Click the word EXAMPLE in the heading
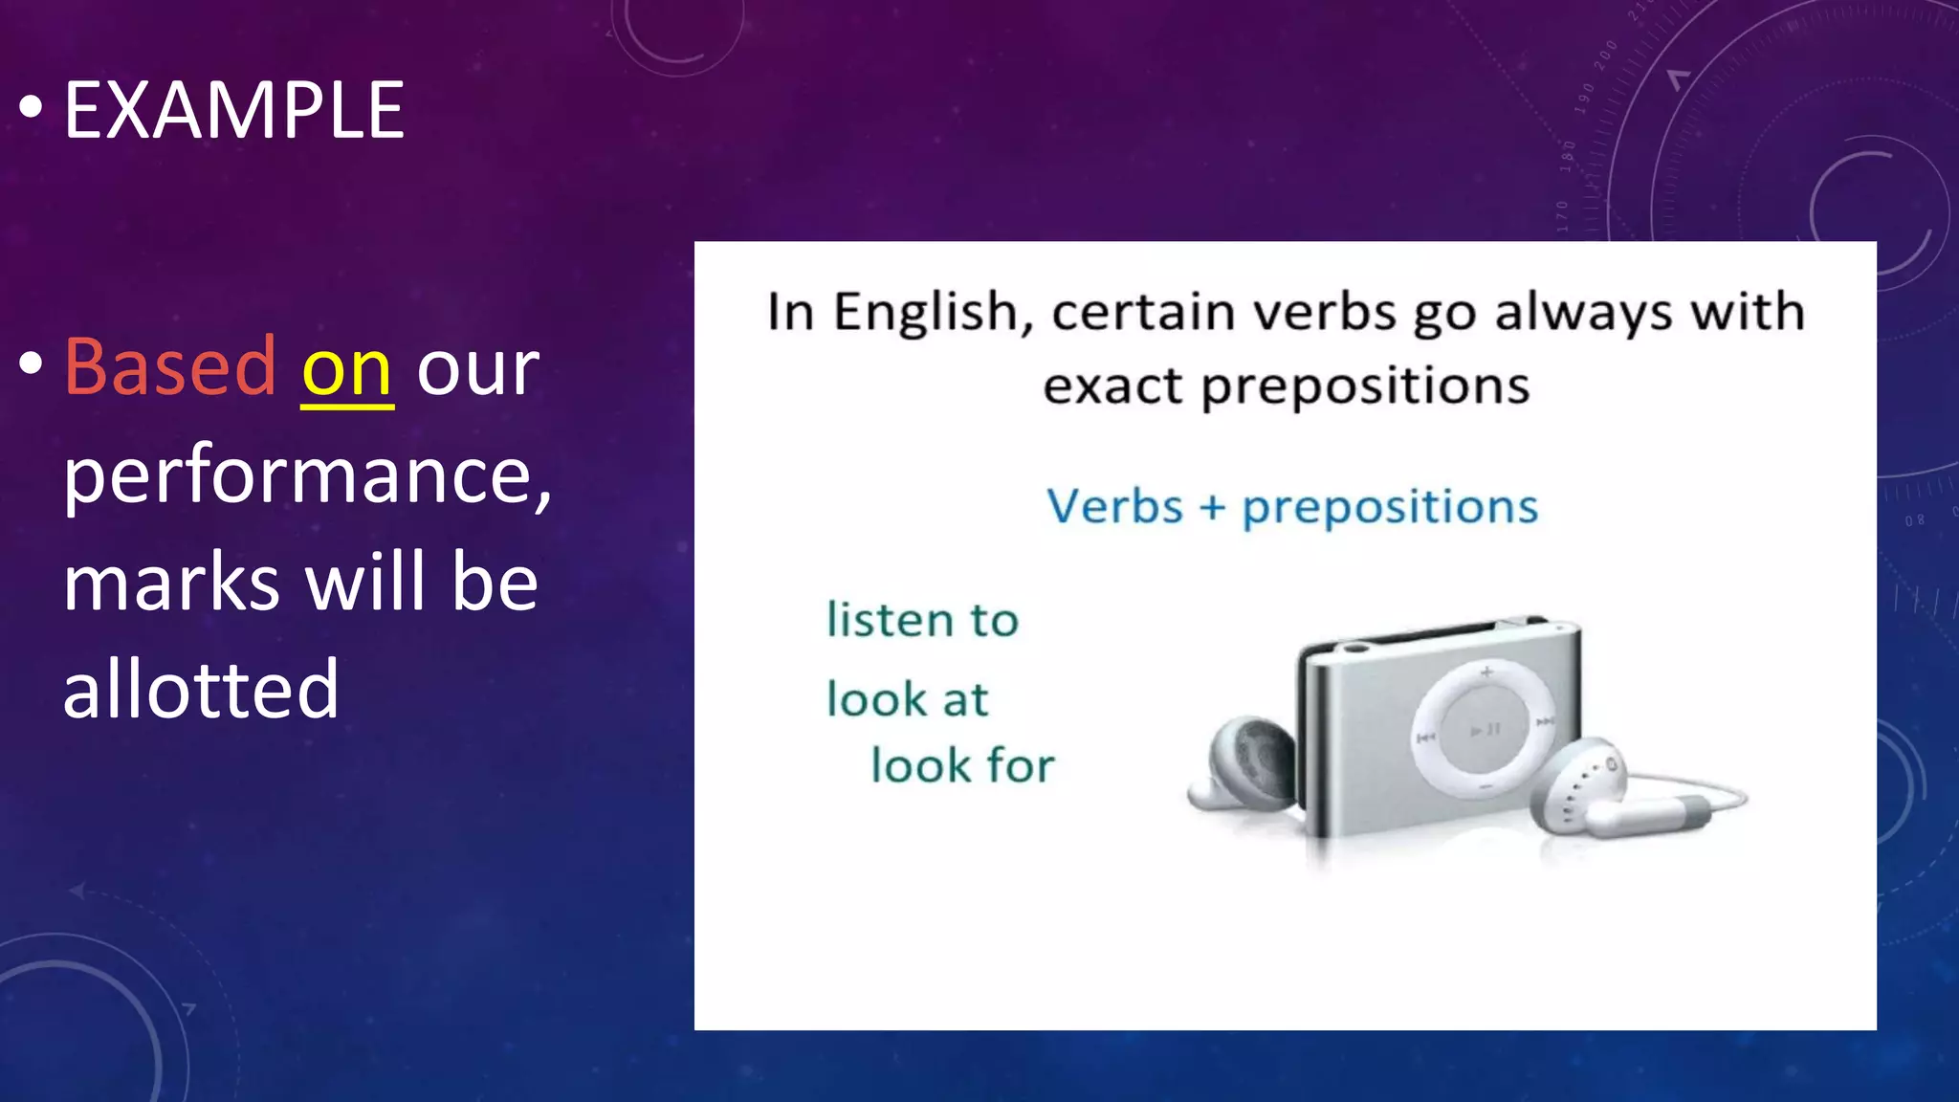(233, 111)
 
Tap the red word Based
(170, 366)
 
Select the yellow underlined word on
(347, 370)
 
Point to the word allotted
(201, 688)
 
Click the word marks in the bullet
(172, 583)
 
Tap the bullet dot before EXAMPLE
(31, 108)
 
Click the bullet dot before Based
(31, 364)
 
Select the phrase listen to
(922, 620)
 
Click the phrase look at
(907, 698)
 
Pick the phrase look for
(962, 765)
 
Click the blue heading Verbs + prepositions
(1291, 507)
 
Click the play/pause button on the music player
(1485, 730)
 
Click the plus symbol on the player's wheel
(1486, 672)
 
